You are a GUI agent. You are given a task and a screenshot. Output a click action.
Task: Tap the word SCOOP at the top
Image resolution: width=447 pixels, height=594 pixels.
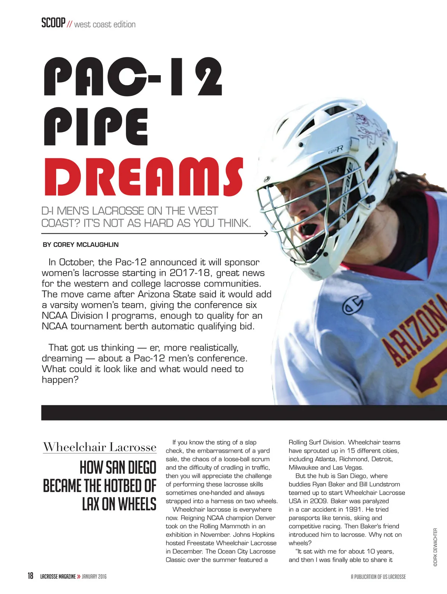tap(53, 23)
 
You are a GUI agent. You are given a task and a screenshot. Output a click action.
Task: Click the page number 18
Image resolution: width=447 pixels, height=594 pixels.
tap(30, 576)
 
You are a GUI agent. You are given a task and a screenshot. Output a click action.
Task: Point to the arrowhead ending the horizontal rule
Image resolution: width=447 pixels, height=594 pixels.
tap(266, 233)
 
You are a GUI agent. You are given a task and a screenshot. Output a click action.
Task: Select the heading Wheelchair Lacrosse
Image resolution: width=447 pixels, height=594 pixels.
tap(99, 447)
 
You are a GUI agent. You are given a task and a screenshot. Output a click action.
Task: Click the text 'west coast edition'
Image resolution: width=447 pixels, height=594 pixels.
tap(105, 25)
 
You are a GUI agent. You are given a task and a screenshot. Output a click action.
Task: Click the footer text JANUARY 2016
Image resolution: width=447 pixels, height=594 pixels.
tap(94, 577)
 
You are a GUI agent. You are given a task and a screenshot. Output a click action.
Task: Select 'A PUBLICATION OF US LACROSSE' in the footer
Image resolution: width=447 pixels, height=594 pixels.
tap(378, 577)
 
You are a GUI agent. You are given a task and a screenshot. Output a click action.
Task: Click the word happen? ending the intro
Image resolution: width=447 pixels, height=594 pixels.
tap(60, 380)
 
